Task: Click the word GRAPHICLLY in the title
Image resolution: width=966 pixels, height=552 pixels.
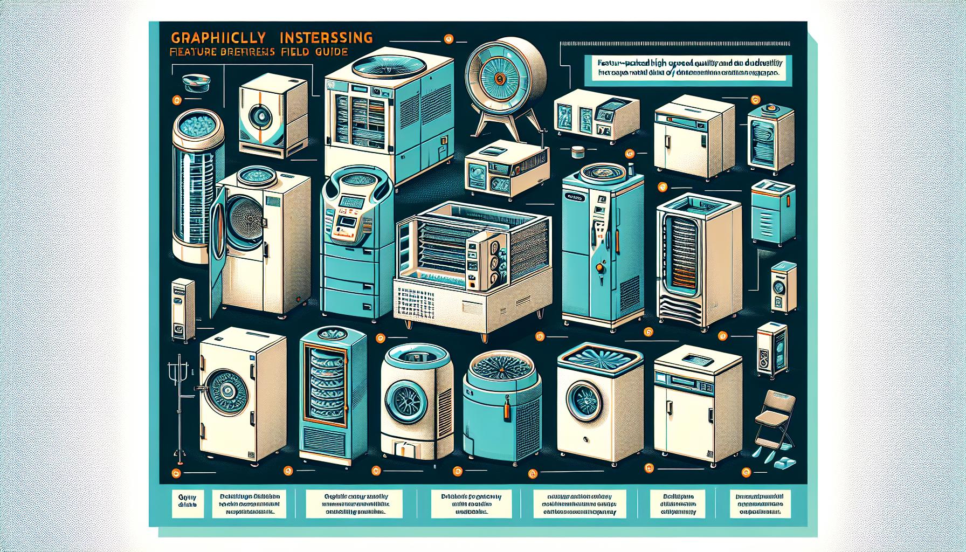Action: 218,39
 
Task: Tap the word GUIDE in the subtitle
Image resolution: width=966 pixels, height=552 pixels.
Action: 329,52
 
